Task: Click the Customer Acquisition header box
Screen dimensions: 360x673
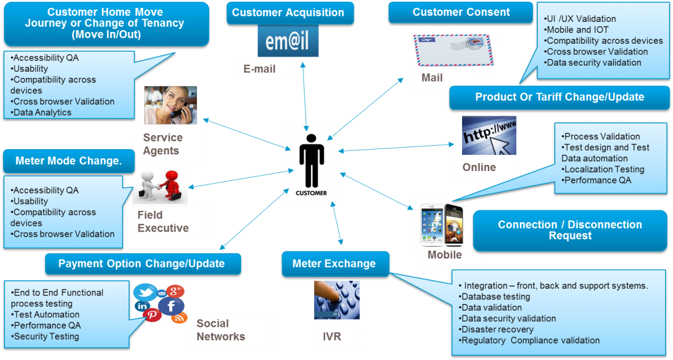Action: click(288, 12)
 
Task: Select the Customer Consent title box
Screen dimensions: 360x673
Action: click(461, 12)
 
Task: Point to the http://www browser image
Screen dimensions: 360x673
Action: click(488, 136)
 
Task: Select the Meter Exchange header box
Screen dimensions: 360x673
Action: click(334, 264)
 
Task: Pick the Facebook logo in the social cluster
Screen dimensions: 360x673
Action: click(172, 306)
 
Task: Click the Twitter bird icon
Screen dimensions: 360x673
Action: click(145, 293)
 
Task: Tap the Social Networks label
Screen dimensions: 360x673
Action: click(231, 330)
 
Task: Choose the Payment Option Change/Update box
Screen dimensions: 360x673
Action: click(142, 264)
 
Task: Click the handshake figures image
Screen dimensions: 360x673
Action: click(160, 187)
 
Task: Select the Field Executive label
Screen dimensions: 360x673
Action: click(170, 221)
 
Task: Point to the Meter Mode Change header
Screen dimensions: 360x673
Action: click(68, 161)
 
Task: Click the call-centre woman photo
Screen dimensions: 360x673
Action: click(170, 105)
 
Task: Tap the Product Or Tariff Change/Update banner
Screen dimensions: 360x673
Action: click(559, 97)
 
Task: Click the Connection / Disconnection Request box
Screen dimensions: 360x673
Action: click(570, 230)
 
